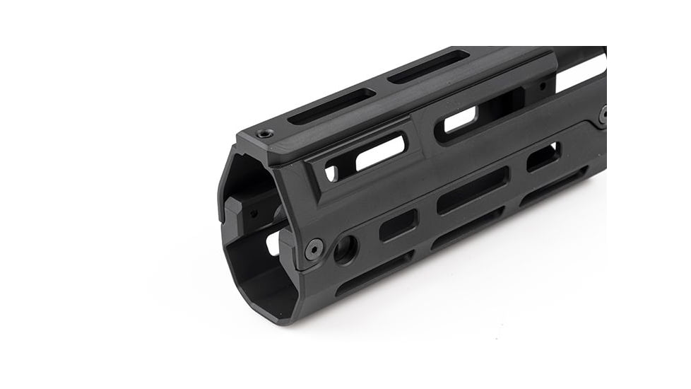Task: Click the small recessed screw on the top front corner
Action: pyautogui.click(x=266, y=133)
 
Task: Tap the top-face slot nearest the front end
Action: pyautogui.click(x=330, y=106)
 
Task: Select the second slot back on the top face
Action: pyautogui.click(x=428, y=67)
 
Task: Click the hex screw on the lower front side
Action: pyautogui.click(x=314, y=248)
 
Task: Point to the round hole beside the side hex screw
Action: pyautogui.click(x=345, y=249)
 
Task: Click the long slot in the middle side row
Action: pyautogui.click(x=473, y=190)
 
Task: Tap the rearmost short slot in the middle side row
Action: pyautogui.click(x=543, y=156)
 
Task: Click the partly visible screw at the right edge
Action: pyautogui.click(x=603, y=115)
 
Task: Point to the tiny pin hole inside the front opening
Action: pyautogui.click(x=253, y=212)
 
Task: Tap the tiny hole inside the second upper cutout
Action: pyautogui.click(x=543, y=86)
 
